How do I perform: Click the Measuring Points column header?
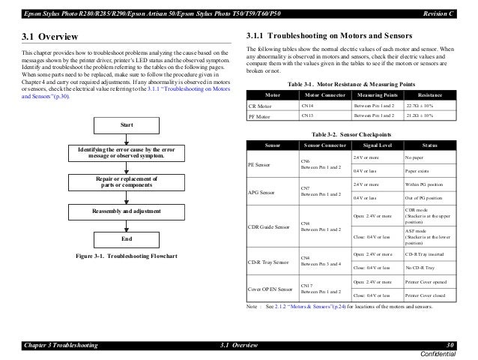pos(375,96)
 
